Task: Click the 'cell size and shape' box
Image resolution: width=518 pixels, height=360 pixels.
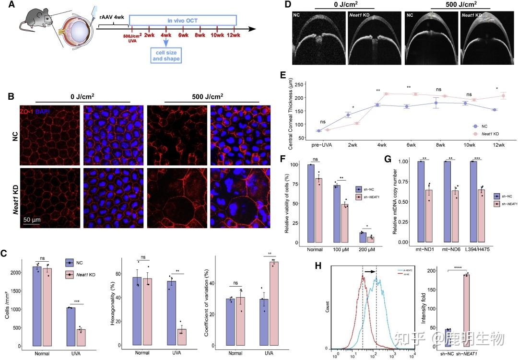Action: (x=165, y=56)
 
